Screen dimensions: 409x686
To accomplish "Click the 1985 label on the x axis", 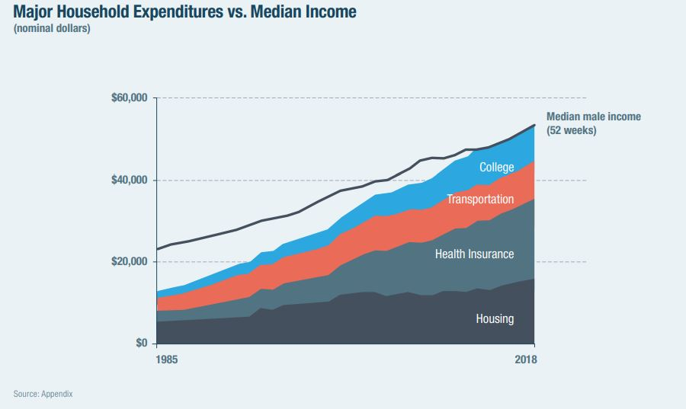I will tap(167, 359).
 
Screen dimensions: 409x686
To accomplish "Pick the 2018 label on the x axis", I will tap(525, 359).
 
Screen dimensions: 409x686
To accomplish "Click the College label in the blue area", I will tap(496, 168).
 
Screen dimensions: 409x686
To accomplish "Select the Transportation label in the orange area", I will tap(480, 200).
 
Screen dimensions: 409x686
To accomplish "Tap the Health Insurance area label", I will tap(474, 254).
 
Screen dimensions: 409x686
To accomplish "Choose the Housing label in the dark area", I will tap(495, 319).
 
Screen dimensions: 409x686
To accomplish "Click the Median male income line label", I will tap(594, 117).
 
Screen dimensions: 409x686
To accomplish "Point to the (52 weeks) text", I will tap(572, 130).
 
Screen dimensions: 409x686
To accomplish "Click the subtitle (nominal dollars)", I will tap(52, 30).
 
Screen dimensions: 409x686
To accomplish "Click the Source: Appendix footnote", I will tap(43, 394).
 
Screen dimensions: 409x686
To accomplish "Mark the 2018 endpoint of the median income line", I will tap(534, 125).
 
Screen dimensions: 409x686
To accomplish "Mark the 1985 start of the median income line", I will tap(157, 249).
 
